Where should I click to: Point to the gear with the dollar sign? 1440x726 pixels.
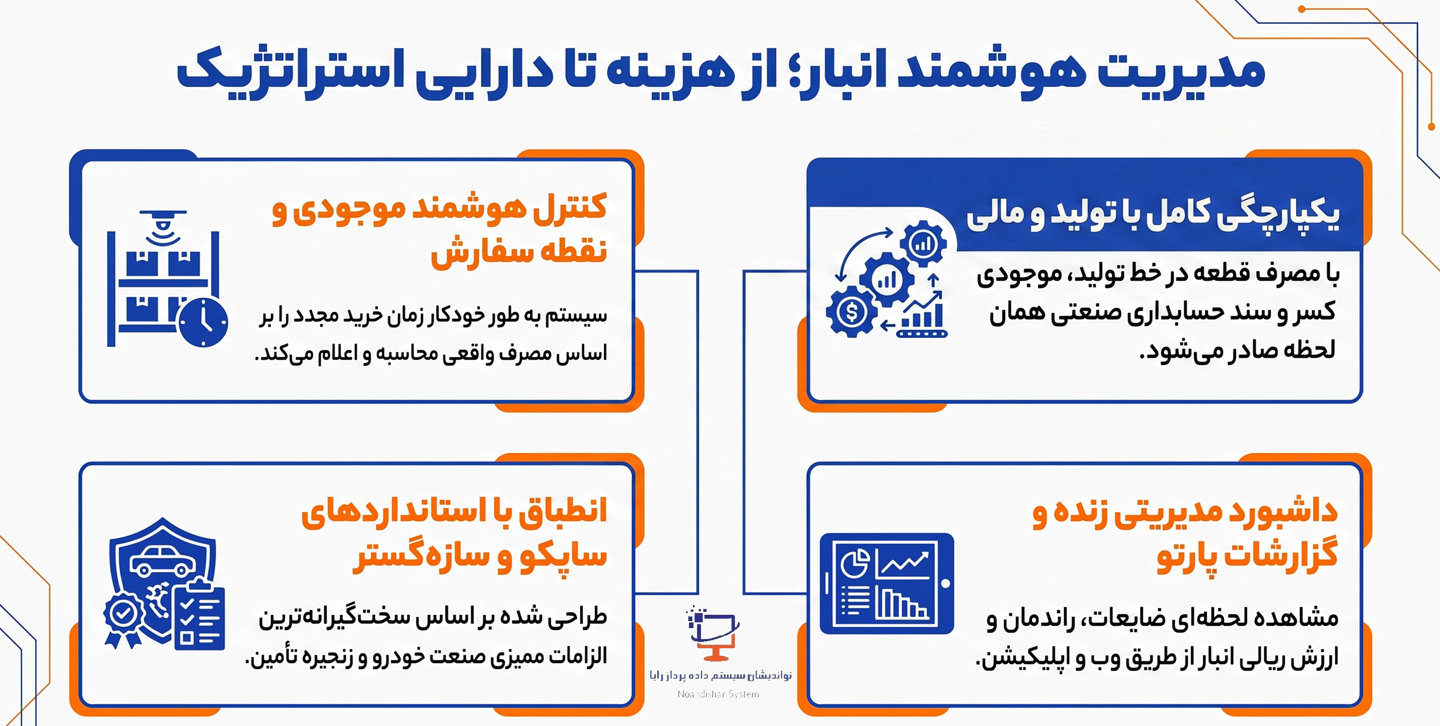pyautogui.click(x=851, y=312)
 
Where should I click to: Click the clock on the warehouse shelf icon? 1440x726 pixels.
pyautogui.click(x=203, y=323)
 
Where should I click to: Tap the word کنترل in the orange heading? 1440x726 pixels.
pyautogui.click(x=570, y=207)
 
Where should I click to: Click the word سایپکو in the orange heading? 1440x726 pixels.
pyautogui.click(x=563, y=557)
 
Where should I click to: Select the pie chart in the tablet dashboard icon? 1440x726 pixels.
pyautogui.click(x=856, y=563)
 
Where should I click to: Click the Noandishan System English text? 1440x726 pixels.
pyautogui.click(x=718, y=694)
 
